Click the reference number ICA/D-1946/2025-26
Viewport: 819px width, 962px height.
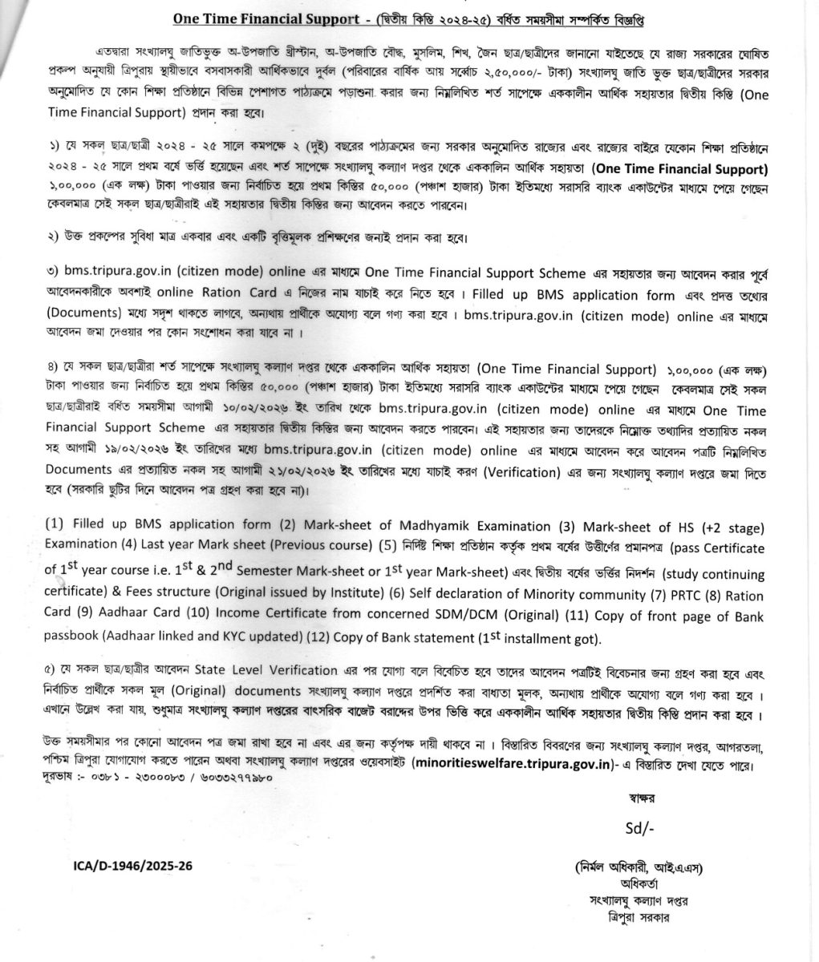pos(128,867)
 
